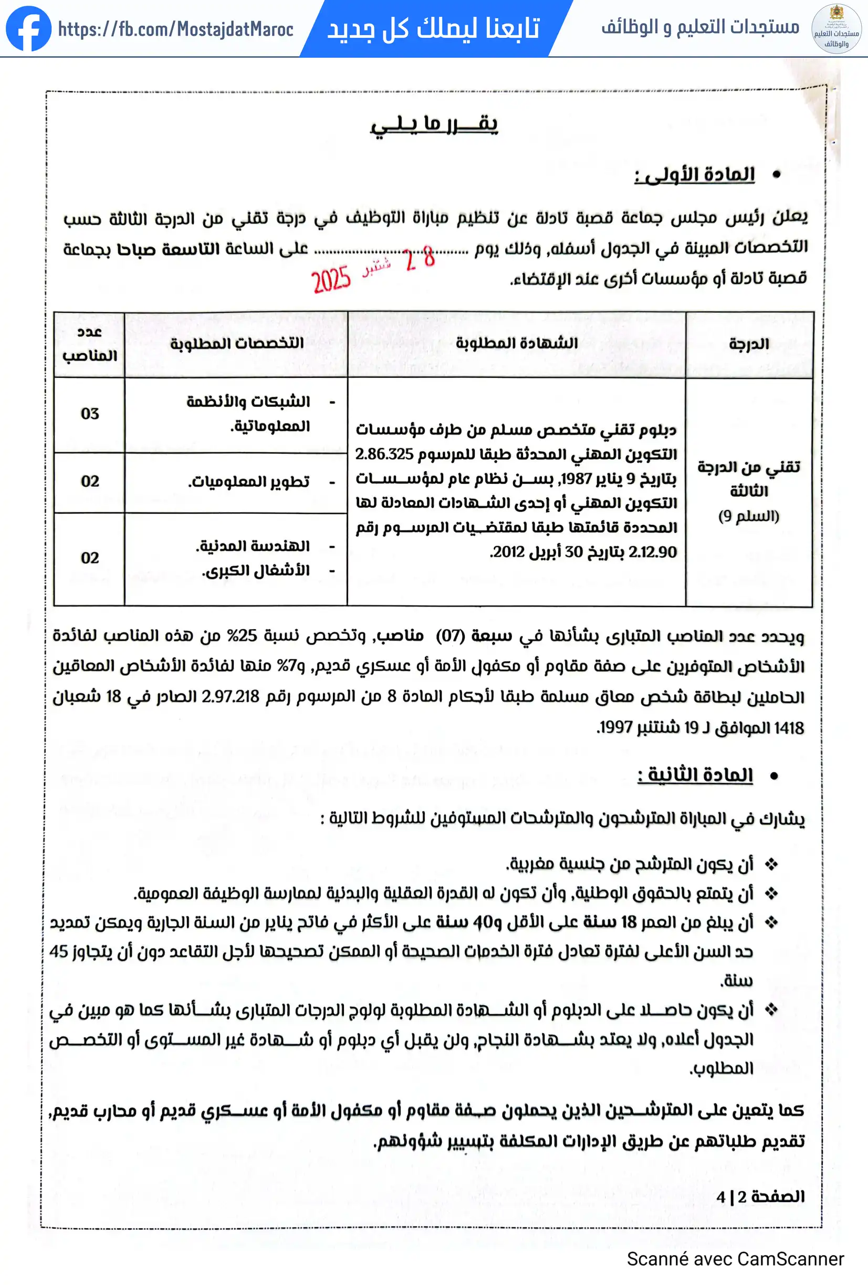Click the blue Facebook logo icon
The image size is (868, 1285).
click(x=28, y=29)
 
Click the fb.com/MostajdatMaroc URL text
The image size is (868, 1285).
click(x=175, y=29)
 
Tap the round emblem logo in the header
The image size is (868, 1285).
click(x=836, y=29)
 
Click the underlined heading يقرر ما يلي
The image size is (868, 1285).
click(x=434, y=124)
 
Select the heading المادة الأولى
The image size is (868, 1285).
click(x=695, y=175)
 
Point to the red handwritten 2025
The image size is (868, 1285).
click(x=331, y=279)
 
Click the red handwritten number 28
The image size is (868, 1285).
click(x=420, y=258)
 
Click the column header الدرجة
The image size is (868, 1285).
click(x=748, y=344)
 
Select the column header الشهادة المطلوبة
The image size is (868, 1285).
click(x=516, y=343)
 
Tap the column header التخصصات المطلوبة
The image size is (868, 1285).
click(x=236, y=343)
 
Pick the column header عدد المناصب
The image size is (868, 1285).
click(x=90, y=343)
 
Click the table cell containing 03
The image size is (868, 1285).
click(x=90, y=413)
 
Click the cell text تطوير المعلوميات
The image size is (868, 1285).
click(x=248, y=482)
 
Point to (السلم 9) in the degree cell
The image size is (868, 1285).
click(x=748, y=516)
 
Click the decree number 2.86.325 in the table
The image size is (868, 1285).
click(x=384, y=454)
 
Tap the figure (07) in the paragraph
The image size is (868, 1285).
click(x=451, y=636)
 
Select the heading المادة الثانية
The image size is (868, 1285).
click(x=695, y=775)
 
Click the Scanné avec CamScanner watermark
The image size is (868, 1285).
click(x=735, y=1259)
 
